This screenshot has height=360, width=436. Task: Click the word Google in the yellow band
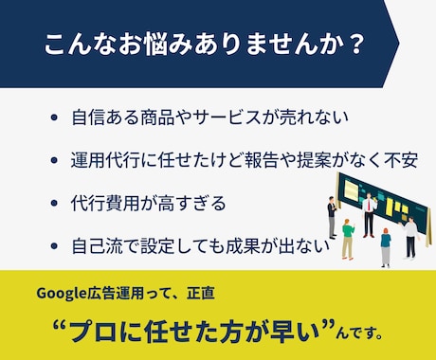point(62,293)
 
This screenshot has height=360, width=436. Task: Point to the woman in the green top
point(349,237)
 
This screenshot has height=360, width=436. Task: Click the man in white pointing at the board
point(409,235)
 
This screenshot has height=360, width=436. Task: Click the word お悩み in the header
point(133,45)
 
